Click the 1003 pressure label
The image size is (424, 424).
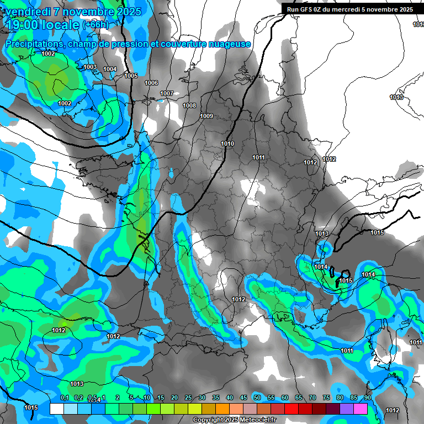90,67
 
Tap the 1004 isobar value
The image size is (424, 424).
110,69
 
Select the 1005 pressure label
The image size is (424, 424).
131,76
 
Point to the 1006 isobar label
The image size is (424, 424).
151,83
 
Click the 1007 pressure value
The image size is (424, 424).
167,93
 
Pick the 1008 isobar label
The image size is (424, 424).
189,105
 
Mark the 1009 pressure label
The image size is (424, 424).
206,116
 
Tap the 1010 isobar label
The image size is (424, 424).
227,144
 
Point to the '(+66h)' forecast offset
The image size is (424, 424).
96,25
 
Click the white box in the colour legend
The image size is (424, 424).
56,409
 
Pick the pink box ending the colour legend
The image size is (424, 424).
361,409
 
